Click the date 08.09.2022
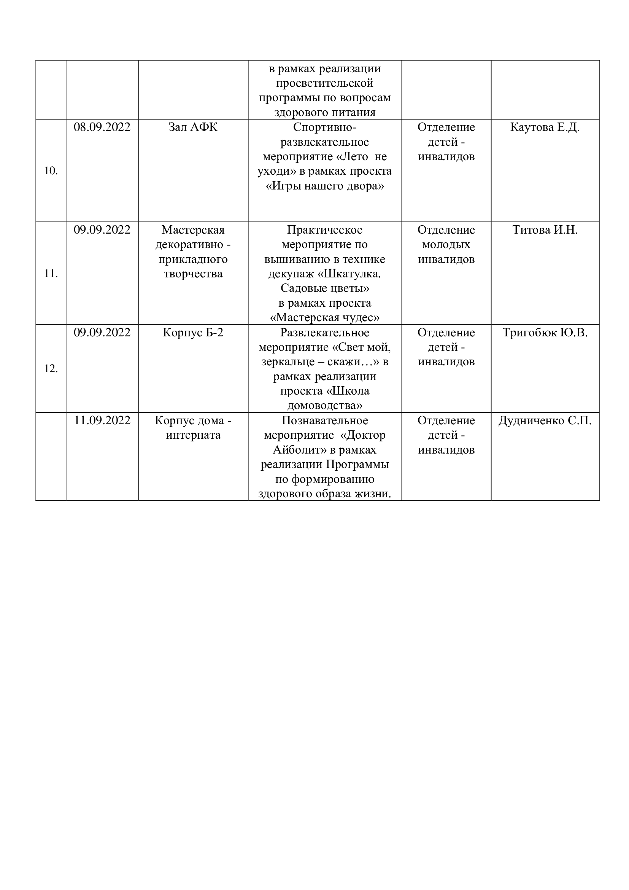click(102, 127)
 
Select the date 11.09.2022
click(102, 420)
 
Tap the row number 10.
click(51, 170)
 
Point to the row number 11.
click(51, 273)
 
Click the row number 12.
click(51, 368)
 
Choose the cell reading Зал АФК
click(193, 127)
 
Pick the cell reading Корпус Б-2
click(193, 333)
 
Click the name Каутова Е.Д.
click(545, 127)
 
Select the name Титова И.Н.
click(545, 230)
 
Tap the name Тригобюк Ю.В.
click(545, 333)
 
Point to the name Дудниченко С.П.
click(545, 420)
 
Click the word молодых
click(446, 245)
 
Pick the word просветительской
click(324, 83)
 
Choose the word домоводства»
click(324, 406)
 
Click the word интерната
click(193, 435)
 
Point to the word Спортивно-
click(324, 127)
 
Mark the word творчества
click(193, 274)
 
